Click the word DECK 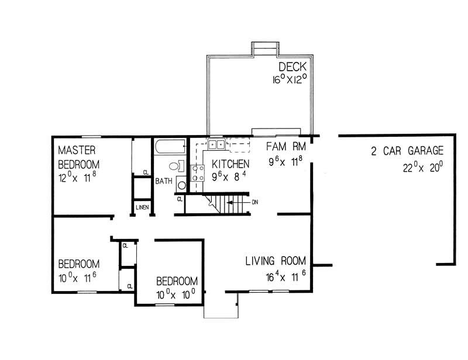coord(292,66)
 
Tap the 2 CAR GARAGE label coord(407,151)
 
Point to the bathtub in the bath coord(170,146)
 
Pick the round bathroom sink coord(181,186)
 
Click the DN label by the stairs coord(255,202)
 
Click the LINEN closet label coord(142,207)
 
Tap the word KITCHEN coord(230,163)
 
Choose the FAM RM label coord(284,146)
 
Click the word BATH coord(163,181)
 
